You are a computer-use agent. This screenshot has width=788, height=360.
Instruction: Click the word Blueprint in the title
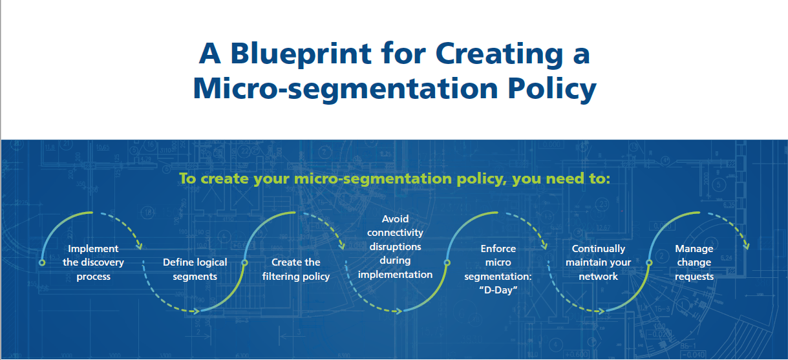pos(301,54)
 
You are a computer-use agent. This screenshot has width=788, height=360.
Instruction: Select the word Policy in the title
pos(552,89)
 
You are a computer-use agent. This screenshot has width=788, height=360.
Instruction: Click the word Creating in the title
pos(500,54)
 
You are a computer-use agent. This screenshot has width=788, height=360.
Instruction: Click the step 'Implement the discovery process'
pos(93,262)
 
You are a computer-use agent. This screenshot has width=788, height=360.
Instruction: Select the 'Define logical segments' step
pos(195,270)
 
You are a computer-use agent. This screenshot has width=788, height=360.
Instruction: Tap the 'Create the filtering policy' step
pos(296,270)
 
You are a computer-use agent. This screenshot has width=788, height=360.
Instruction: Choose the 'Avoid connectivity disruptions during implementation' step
pos(395,246)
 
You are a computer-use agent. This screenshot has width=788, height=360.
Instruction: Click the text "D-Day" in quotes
pos(498,290)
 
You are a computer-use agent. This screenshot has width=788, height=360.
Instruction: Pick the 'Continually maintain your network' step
pos(599,262)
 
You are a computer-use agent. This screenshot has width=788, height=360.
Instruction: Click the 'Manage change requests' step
pos(694,262)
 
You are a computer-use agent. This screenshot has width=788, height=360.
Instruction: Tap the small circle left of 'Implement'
pos(42,262)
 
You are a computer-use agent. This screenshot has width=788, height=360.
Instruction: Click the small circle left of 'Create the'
pos(245,262)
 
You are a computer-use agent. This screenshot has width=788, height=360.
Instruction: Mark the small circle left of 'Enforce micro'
pos(447,262)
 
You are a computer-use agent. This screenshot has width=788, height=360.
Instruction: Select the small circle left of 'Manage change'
pos(650,262)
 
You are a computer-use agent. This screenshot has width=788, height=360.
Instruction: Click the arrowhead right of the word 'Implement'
pos(140,246)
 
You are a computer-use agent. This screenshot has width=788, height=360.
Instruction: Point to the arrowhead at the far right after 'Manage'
pos(747,246)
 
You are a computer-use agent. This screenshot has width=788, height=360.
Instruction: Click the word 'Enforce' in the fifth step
pos(498,249)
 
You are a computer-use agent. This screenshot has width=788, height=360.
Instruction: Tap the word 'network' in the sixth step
pos(598,277)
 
